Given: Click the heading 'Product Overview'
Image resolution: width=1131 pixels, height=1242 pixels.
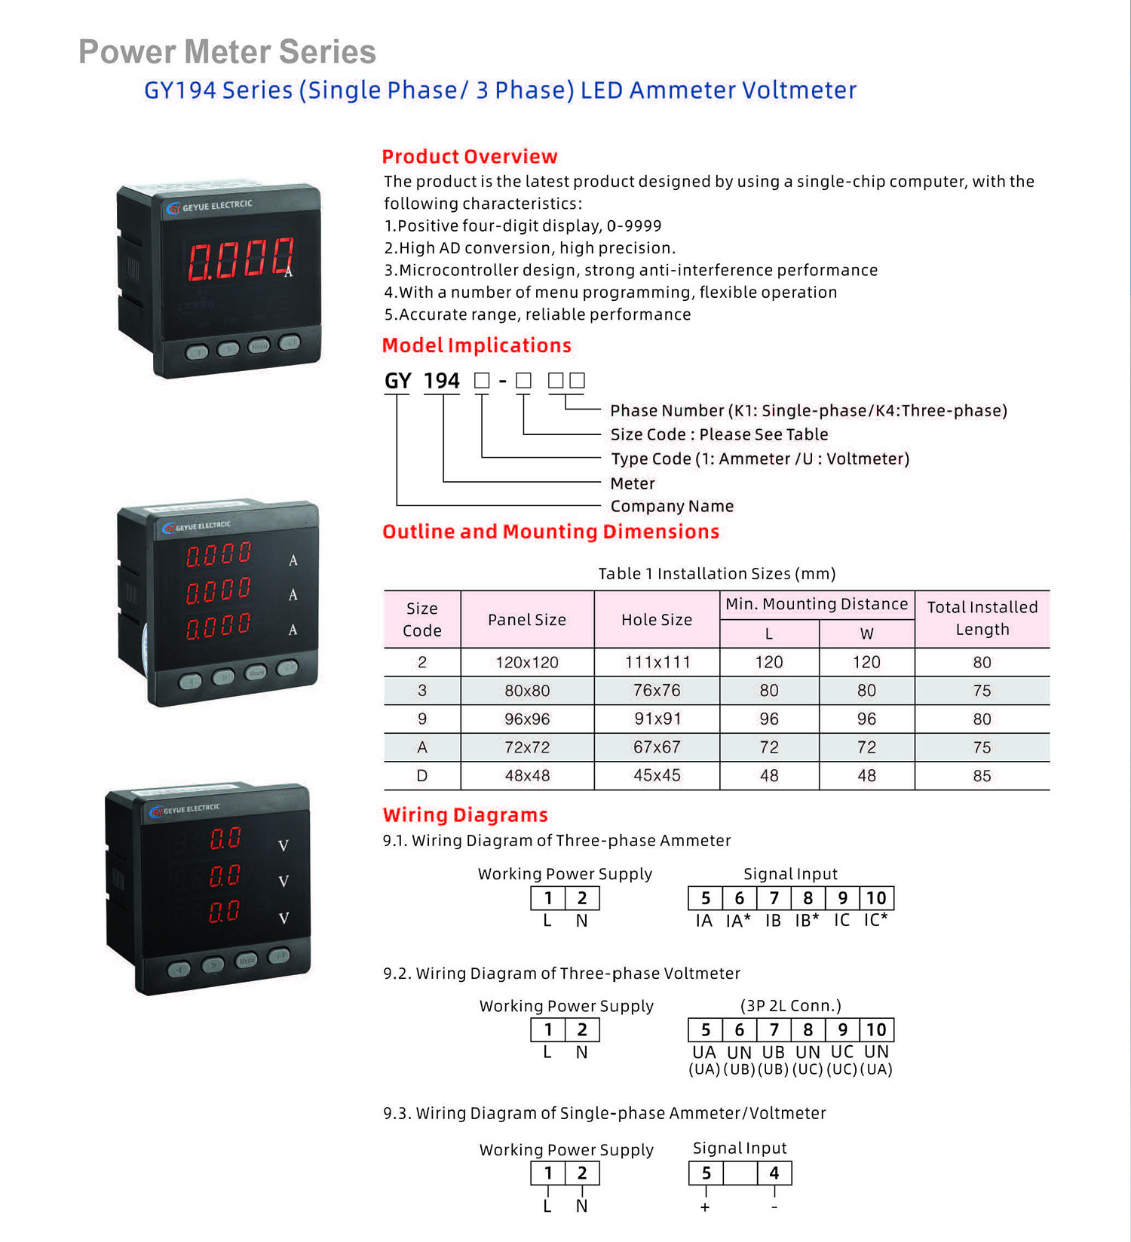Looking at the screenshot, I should [x=469, y=157].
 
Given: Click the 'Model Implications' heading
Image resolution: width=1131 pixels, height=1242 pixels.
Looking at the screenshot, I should [x=477, y=345].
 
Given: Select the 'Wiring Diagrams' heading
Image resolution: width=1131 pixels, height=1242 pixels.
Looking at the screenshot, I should [x=465, y=815].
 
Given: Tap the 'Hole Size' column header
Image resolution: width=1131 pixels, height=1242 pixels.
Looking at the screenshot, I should [x=657, y=620].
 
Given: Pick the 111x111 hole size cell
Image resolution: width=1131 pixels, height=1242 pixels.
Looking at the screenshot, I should [x=657, y=663].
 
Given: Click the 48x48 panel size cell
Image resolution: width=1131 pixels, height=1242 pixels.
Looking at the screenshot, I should [x=527, y=776].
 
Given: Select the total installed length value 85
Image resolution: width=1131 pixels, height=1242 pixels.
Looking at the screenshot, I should [x=982, y=776].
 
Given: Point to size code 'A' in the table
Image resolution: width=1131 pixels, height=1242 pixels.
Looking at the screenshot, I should [x=422, y=747].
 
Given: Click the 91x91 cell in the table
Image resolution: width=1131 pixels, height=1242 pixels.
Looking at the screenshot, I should [x=657, y=719].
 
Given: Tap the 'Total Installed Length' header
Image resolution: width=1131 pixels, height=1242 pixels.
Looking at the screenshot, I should [x=982, y=618].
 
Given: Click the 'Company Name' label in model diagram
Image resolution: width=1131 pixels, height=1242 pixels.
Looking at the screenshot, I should [x=672, y=506].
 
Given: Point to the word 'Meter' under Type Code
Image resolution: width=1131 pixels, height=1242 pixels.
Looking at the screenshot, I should [x=633, y=483].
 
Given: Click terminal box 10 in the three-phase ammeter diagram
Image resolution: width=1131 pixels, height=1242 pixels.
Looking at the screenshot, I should [x=876, y=898].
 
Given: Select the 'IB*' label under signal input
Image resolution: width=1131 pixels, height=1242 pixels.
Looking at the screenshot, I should [x=807, y=921].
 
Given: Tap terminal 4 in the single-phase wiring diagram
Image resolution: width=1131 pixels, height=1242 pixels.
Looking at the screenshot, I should [x=774, y=1173].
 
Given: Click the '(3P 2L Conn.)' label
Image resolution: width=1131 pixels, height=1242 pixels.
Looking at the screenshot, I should [x=790, y=1006].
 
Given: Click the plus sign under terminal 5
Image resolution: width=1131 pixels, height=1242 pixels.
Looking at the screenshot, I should [x=705, y=1207].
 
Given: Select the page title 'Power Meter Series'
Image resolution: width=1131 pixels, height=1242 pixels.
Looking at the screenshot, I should [x=227, y=52].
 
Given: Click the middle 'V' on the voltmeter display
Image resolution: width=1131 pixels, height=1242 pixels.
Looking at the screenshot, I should [x=284, y=882].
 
